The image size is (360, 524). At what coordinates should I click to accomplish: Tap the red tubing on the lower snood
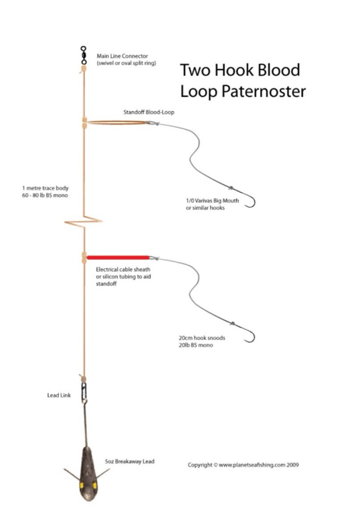(118, 257)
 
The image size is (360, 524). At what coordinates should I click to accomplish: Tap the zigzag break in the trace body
(83, 222)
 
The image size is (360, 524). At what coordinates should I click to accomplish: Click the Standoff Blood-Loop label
(149, 112)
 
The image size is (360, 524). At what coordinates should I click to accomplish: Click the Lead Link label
(59, 395)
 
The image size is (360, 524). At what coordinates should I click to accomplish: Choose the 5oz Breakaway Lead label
(129, 462)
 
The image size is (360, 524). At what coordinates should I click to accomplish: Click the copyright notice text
(243, 465)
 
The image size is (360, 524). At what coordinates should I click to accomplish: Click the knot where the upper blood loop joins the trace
(83, 122)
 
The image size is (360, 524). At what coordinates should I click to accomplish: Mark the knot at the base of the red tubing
(83, 257)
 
